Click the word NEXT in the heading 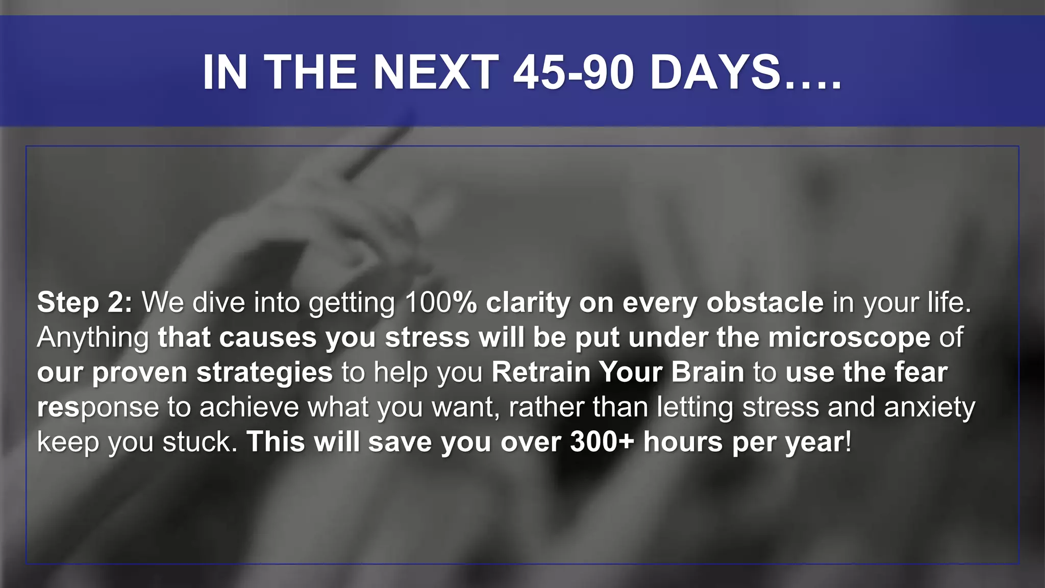[436, 72]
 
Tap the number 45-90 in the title [574, 72]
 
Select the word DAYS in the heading [715, 72]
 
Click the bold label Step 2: [85, 302]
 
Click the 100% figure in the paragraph [440, 302]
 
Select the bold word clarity [528, 302]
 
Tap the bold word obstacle [764, 302]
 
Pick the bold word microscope [849, 338]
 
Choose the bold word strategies [264, 372]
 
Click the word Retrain [540, 372]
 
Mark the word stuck [200, 442]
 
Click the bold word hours [683, 442]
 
